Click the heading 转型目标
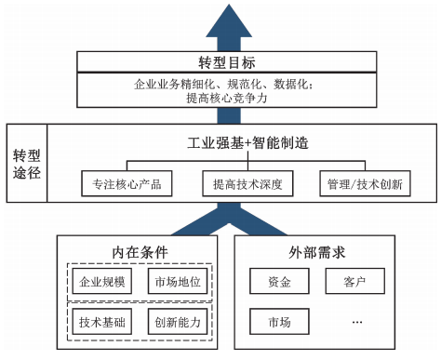tap(220, 63)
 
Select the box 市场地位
tap(179, 280)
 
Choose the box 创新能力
tap(179, 323)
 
